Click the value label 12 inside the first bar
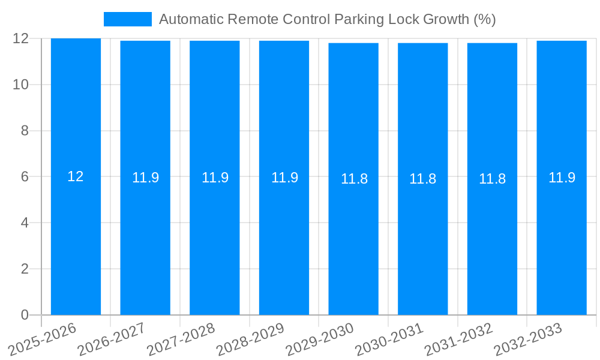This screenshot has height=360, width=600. [x=76, y=176]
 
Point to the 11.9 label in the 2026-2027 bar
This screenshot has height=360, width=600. [x=145, y=178]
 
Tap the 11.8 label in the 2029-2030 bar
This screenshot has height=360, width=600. [x=354, y=179]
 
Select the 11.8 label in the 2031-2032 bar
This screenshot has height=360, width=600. [x=492, y=179]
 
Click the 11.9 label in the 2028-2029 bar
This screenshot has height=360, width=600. [x=284, y=178]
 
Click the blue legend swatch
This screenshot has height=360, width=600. [x=127, y=19]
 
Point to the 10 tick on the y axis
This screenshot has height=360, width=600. [x=20, y=85]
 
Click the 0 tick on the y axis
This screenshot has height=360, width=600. [x=25, y=315]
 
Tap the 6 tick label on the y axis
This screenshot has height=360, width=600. [x=25, y=177]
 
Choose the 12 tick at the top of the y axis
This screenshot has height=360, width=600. [x=20, y=38]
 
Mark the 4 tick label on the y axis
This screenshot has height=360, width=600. [x=25, y=223]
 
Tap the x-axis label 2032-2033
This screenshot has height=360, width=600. [x=526, y=339]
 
